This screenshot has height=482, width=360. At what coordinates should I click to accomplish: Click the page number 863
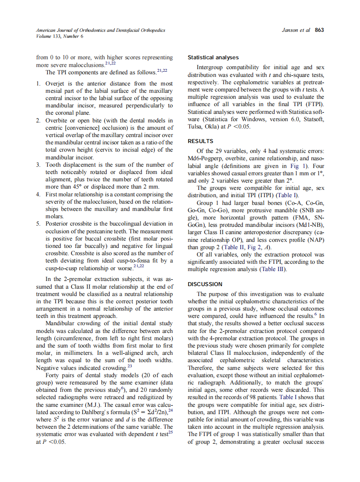pyautogui.click(x=319, y=30)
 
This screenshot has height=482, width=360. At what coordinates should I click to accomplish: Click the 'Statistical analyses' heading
pyautogui.click(x=213, y=58)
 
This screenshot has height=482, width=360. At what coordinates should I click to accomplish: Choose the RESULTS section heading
pyautogui.click(x=201, y=141)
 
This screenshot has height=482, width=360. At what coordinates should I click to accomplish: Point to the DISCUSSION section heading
pyautogui.click(x=205, y=284)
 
